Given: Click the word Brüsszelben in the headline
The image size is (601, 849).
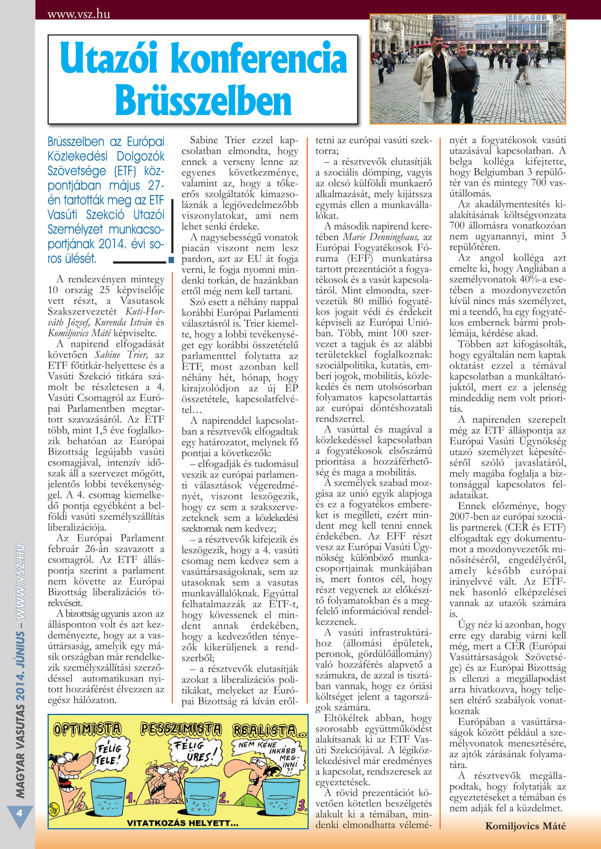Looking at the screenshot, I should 203,101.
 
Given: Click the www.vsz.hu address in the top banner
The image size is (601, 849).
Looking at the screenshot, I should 79,14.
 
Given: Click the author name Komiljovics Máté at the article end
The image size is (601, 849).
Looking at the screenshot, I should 525,826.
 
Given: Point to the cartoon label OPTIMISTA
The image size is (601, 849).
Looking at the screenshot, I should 87,729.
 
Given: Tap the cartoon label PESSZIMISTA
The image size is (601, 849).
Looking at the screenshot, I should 181,729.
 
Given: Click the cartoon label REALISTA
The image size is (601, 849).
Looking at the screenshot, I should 265,731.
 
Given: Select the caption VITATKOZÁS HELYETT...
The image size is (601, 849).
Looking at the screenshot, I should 182,823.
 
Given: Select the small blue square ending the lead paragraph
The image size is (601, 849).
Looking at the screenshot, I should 171,260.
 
